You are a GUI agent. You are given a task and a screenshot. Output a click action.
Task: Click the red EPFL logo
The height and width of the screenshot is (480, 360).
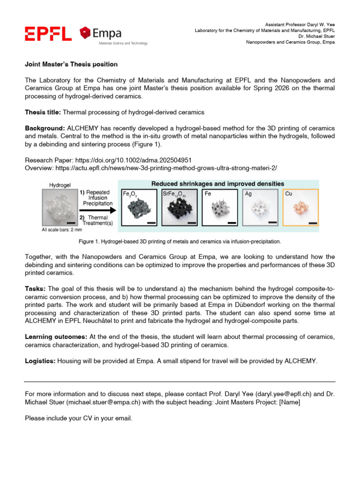tap(48, 34)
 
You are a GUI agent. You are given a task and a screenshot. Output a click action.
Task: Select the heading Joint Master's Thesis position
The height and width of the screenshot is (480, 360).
tap(71, 64)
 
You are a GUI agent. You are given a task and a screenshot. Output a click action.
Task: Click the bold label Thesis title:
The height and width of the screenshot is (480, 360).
tap(43, 112)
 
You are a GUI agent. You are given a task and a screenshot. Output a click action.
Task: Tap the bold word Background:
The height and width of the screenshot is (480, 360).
tap(45, 128)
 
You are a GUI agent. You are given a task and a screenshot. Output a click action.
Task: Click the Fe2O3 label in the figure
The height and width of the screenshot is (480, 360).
tap(129, 193)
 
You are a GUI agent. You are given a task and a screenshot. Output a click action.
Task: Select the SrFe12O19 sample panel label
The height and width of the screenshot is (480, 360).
tap(174, 193)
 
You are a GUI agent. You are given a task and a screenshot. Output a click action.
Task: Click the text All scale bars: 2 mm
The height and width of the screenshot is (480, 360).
tap(61, 230)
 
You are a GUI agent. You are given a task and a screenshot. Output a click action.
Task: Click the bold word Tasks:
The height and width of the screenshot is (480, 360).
tap(35, 289)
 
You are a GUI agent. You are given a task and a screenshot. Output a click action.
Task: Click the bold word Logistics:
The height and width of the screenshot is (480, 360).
tap(40, 360)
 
